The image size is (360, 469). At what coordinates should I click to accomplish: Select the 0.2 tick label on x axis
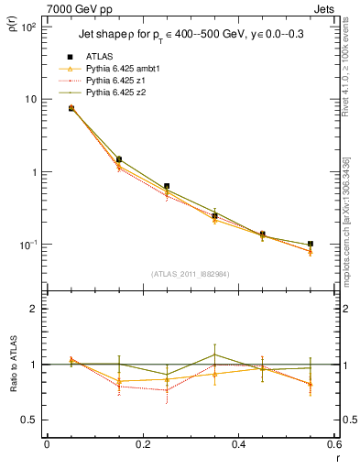coord(142,445)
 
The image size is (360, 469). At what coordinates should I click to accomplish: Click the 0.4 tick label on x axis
coord(238,445)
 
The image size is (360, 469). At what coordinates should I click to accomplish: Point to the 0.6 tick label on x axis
coord(333,445)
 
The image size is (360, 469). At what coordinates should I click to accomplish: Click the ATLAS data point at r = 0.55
coord(311,245)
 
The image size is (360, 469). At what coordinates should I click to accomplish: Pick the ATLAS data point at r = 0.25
coord(167,186)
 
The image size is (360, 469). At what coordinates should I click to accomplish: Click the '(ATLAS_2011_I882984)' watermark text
coord(190,274)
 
